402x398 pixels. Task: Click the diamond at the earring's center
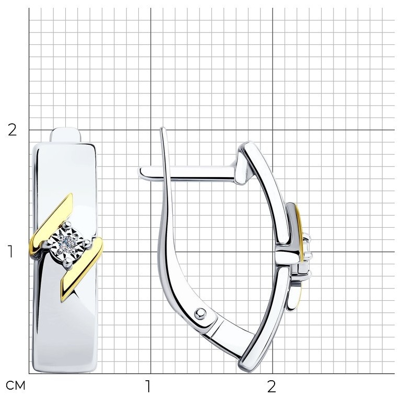pyautogui.click(x=67, y=241)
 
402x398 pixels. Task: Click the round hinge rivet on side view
pyautogui.click(x=200, y=313)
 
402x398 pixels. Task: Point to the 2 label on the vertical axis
pyautogui.click(x=12, y=130)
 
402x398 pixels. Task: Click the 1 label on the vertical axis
pyautogui.click(x=10, y=251)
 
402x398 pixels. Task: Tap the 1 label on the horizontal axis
pyautogui.click(x=148, y=386)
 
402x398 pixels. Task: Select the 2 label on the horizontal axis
pyautogui.click(x=271, y=386)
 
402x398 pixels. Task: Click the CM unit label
pyautogui.click(x=15, y=385)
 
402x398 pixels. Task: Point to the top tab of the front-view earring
pyautogui.click(x=65, y=135)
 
